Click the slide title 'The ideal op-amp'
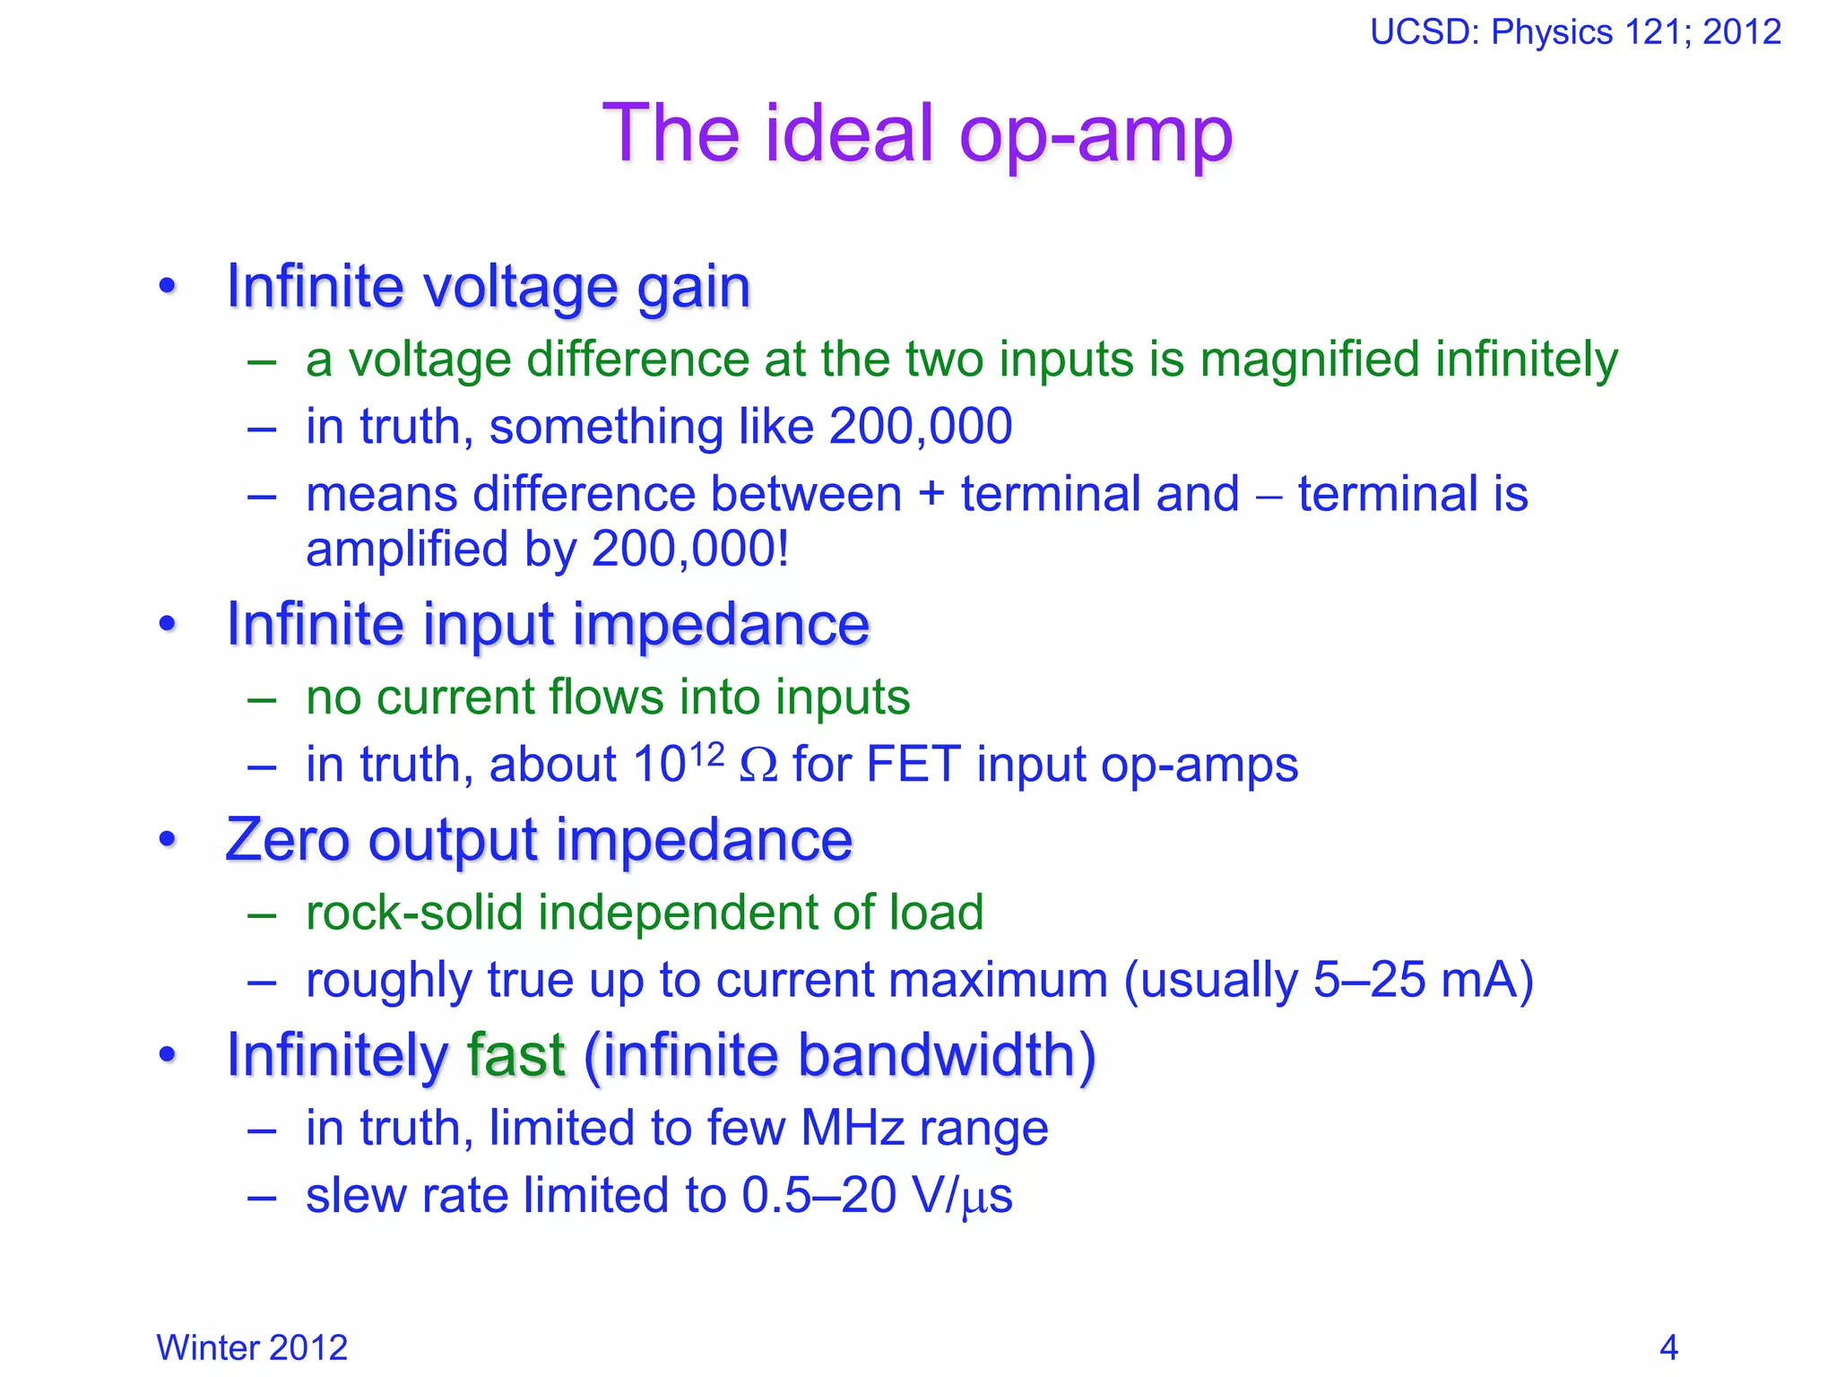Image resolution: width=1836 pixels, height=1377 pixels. (x=917, y=134)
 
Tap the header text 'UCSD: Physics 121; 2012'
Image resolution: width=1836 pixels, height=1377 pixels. (x=1574, y=32)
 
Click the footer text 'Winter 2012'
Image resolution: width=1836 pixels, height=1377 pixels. (x=252, y=1347)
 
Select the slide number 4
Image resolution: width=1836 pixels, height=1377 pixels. (x=1668, y=1347)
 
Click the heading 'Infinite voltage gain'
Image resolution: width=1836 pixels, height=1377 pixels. (x=489, y=287)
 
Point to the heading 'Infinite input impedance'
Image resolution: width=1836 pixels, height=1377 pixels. (x=548, y=624)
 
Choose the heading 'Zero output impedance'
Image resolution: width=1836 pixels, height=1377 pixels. (x=539, y=840)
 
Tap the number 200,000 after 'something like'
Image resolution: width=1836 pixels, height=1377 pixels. (x=921, y=426)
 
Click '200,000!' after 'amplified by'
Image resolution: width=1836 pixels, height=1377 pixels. (x=690, y=549)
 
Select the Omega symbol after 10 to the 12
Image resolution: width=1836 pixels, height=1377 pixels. (x=758, y=766)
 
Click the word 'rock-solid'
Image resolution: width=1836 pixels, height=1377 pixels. (x=414, y=913)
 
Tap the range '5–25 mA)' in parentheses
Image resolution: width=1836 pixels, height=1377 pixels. (x=1423, y=980)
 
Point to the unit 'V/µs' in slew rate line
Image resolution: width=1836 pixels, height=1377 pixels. (x=960, y=1196)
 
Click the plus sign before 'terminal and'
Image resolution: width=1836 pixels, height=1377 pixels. (x=931, y=495)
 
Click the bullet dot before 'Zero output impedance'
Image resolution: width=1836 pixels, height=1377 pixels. (x=168, y=840)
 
